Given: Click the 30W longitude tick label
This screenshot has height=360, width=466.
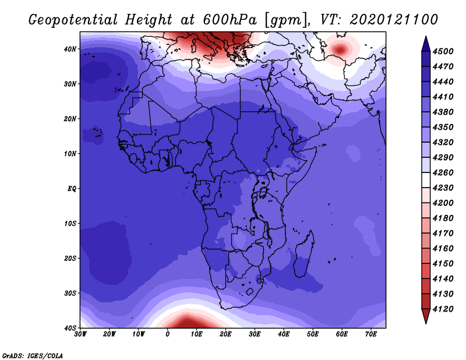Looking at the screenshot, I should tap(80, 334).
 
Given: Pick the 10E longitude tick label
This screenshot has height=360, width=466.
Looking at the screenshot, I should tap(196, 334).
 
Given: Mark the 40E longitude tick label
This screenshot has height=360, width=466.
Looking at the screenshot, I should tap(284, 334).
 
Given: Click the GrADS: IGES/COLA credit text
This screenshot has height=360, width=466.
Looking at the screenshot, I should tap(32, 354).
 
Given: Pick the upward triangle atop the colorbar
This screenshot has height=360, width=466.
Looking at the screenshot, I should tap(426, 43).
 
